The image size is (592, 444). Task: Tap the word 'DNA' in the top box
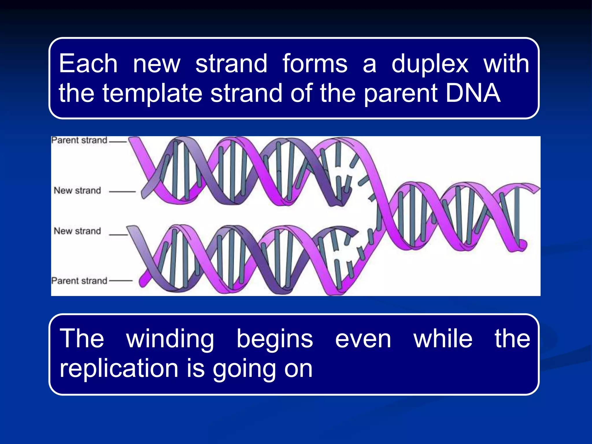pyautogui.click(x=473, y=93)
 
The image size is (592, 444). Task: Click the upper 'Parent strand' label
pyautogui.click(x=79, y=140)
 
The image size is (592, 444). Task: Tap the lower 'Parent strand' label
pyautogui.click(x=79, y=281)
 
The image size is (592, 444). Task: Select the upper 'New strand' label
pyautogui.click(x=77, y=190)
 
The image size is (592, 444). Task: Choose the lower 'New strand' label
pyautogui.click(x=77, y=231)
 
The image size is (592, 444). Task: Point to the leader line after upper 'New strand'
pyautogui.click(x=122, y=191)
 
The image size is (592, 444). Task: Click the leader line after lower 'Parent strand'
pyautogui.click(x=121, y=280)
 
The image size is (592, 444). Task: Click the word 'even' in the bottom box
pyautogui.click(x=363, y=339)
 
